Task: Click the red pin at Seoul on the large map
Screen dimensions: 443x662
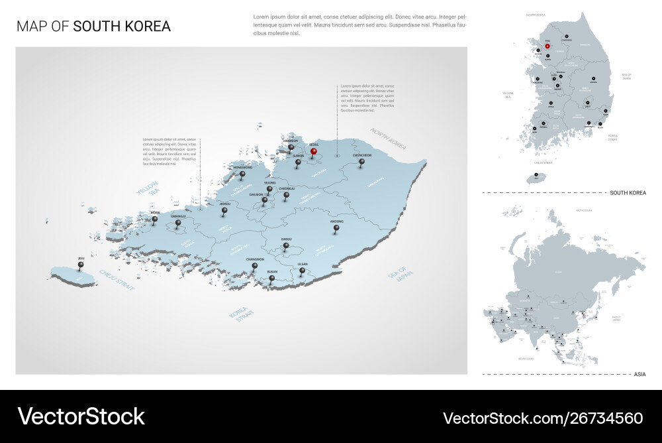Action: click(314, 151)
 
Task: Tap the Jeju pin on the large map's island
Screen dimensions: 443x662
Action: click(81, 265)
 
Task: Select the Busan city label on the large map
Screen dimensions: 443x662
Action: click(272, 272)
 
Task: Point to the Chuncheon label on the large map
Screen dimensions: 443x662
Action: click(362, 155)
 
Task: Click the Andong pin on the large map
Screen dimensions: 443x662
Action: click(336, 229)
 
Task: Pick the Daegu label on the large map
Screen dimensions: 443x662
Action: click(286, 239)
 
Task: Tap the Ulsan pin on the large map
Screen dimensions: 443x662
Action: click(302, 271)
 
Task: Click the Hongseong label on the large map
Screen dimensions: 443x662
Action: click(243, 168)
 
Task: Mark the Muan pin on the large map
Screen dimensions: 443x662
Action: click(155, 220)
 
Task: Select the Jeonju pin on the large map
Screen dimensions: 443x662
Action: click(224, 212)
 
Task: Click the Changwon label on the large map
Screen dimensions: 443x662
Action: click(255, 259)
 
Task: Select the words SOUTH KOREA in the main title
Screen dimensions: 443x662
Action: click(122, 27)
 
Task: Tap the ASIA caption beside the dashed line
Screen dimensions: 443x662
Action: click(639, 375)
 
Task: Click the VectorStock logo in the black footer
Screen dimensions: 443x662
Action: click(81, 416)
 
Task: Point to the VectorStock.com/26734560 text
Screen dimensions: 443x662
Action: click(542, 418)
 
